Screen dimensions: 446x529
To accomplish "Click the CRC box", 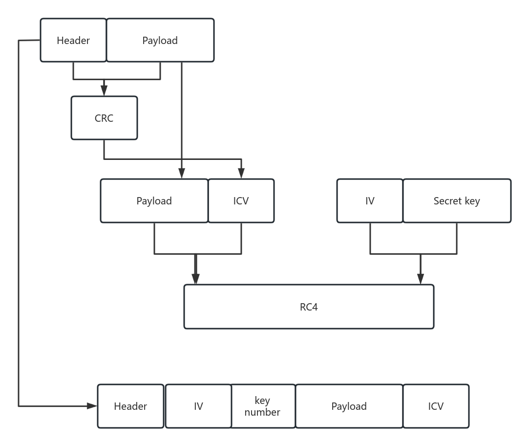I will click(104, 118).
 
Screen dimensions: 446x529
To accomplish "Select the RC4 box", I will click(309, 307).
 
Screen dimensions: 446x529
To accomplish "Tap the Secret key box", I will click(457, 201).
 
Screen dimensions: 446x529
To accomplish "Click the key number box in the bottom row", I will click(263, 406).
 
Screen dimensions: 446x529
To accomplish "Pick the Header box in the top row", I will click(73, 41).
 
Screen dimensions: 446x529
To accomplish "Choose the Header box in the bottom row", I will click(130, 406).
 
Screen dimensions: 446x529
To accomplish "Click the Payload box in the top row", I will click(160, 41).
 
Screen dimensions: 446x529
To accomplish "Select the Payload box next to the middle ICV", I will click(154, 201).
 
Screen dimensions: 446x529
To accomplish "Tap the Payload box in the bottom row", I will click(349, 406).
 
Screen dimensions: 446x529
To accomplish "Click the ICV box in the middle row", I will click(241, 201).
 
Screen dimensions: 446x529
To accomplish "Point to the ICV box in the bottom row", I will click(436, 406).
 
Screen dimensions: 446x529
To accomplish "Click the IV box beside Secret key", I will click(370, 201).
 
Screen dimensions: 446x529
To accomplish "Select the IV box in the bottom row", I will click(198, 406).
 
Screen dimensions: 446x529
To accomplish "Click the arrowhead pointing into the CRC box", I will click(104, 91).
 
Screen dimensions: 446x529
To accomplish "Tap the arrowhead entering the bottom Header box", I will click(92, 405).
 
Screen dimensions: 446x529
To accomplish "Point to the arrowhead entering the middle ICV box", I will click(241, 174).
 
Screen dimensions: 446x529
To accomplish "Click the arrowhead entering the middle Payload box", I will click(182, 174).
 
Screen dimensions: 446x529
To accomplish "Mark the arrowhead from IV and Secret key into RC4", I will click(421, 279).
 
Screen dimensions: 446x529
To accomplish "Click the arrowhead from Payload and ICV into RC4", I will click(195, 279).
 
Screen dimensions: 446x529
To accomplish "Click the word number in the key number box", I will click(262, 412).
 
